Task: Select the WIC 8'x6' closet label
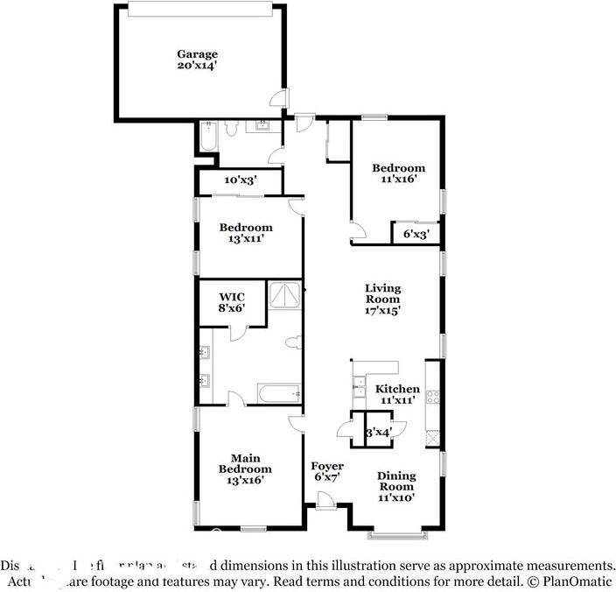click(x=232, y=303)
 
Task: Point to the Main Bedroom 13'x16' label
click(x=245, y=469)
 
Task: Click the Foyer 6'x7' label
click(x=327, y=471)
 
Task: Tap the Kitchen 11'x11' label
click(x=397, y=394)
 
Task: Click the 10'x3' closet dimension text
click(x=239, y=180)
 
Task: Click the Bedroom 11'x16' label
click(x=398, y=173)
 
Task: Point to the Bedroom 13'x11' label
click(x=247, y=232)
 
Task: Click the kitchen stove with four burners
click(x=432, y=396)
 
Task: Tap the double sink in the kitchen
click(x=358, y=386)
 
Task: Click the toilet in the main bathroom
click(x=293, y=343)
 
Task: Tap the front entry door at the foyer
click(x=325, y=502)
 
